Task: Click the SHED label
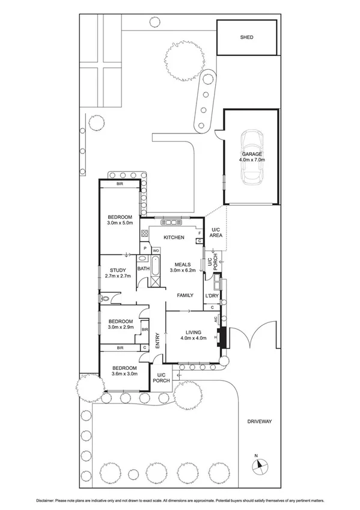click(x=246, y=37)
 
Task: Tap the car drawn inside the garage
click(x=252, y=157)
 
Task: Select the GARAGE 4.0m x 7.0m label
click(x=252, y=157)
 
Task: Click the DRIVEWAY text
click(x=259, y=422)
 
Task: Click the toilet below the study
click(x=106, y=298)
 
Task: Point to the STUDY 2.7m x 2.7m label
click(x=117, y=272)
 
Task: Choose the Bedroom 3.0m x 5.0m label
click(x=120, y=220)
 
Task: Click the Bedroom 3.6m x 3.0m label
click(x=124, y=370)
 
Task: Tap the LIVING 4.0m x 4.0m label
click(x=193, y=335)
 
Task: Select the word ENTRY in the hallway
click(x=157, y=340)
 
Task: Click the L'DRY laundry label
click(x=212, y=296)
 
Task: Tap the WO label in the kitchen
click(x=155, y=250)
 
